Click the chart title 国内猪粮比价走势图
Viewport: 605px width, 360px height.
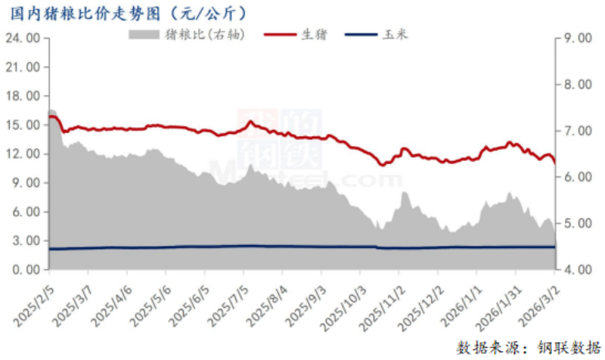91,13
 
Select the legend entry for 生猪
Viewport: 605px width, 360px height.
303,35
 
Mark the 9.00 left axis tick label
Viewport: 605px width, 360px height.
25,182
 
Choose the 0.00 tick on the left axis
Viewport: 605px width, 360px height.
25,269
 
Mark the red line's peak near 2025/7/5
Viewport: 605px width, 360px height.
250,121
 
